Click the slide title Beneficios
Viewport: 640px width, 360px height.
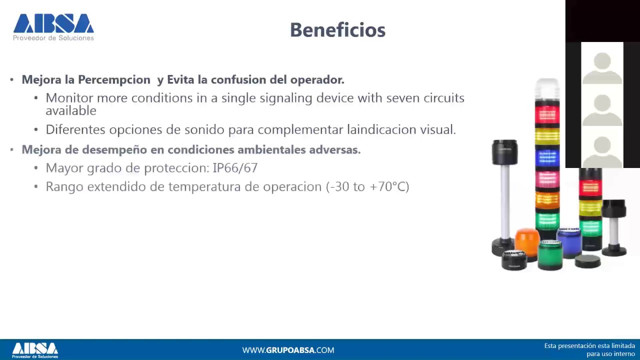pyautogui.click(x=337, y=30)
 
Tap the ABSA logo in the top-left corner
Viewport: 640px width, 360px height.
pyautogui.click(x=53, y=27)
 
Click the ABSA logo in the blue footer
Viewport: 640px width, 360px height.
pyautogui.click(x=35, y=349)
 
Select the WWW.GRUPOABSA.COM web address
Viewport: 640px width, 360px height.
pyautogui.click(x=288, y=350)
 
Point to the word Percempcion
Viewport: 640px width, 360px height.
pyautogui.click(x=114, y=80)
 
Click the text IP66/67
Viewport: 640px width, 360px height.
pyautogui.click(x=235, y=168)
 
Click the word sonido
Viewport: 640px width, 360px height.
pyautogui.click(x=204, y=130)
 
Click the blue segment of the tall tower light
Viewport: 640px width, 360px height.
pyautogui.click(x=547, y=157)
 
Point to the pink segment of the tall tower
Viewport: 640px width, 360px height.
pyautogui.click(x=547, y=178)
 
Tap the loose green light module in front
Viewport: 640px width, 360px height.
pyautogui.click(x=550, y=254)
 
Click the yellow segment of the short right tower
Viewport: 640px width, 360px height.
pyautogui.click(x=590, y=207)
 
